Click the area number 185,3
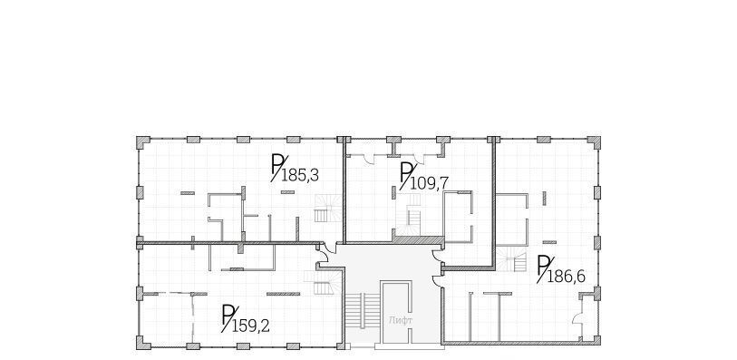click(x=300, y=176)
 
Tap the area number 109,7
click(x=429, y=183)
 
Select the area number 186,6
click(x=567, y=277)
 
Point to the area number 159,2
click(x=251, y=326)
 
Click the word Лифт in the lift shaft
click(x=401, y=320)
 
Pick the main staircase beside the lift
click(x=362, y=312)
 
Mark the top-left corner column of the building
click(x=143, y=142)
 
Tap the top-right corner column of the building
click(x=594, y=142)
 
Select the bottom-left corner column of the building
click(x=143, y=343)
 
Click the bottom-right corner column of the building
click(x=595, y=340)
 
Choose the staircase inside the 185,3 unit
click(x=328, y=209)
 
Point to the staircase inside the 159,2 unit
click(x=323, y=283)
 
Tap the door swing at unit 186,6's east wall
click(x=577, y=318)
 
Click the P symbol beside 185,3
click(x=277, y=168)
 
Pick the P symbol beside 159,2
click(x=228, y=317)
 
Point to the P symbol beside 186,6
click(x=544, y=268)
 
